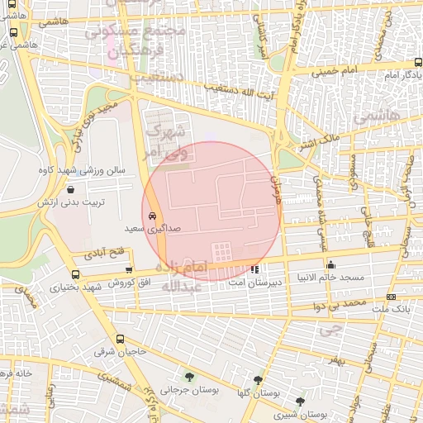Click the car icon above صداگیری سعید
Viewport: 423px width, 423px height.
tap(152, 215)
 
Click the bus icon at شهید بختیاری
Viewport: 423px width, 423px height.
tap(76, 275)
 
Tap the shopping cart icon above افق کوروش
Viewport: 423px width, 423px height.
tap(128, 269)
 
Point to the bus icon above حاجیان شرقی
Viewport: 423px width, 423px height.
tap(121, 339)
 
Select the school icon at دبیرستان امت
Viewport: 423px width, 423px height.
tap(256, 269)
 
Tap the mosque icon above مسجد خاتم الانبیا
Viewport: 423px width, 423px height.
tap(331, 265)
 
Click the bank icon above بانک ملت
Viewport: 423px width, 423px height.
tap(391, 297)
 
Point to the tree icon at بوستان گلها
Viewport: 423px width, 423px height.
tap(259, 379)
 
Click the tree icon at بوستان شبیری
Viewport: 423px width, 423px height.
tap(300, 402)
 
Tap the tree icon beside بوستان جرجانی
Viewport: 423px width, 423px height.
tap(190, 378)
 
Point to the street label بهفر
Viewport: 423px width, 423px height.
tap(333, 362)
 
